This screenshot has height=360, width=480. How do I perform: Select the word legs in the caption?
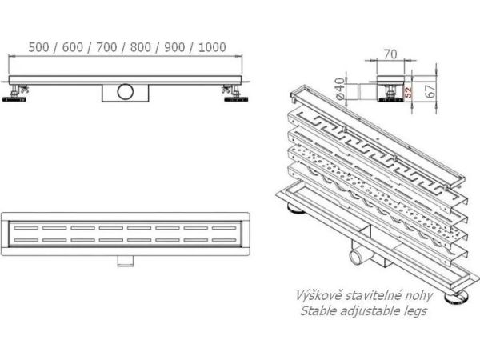[412, 310]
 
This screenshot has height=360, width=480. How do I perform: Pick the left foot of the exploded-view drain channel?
[294, 213]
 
